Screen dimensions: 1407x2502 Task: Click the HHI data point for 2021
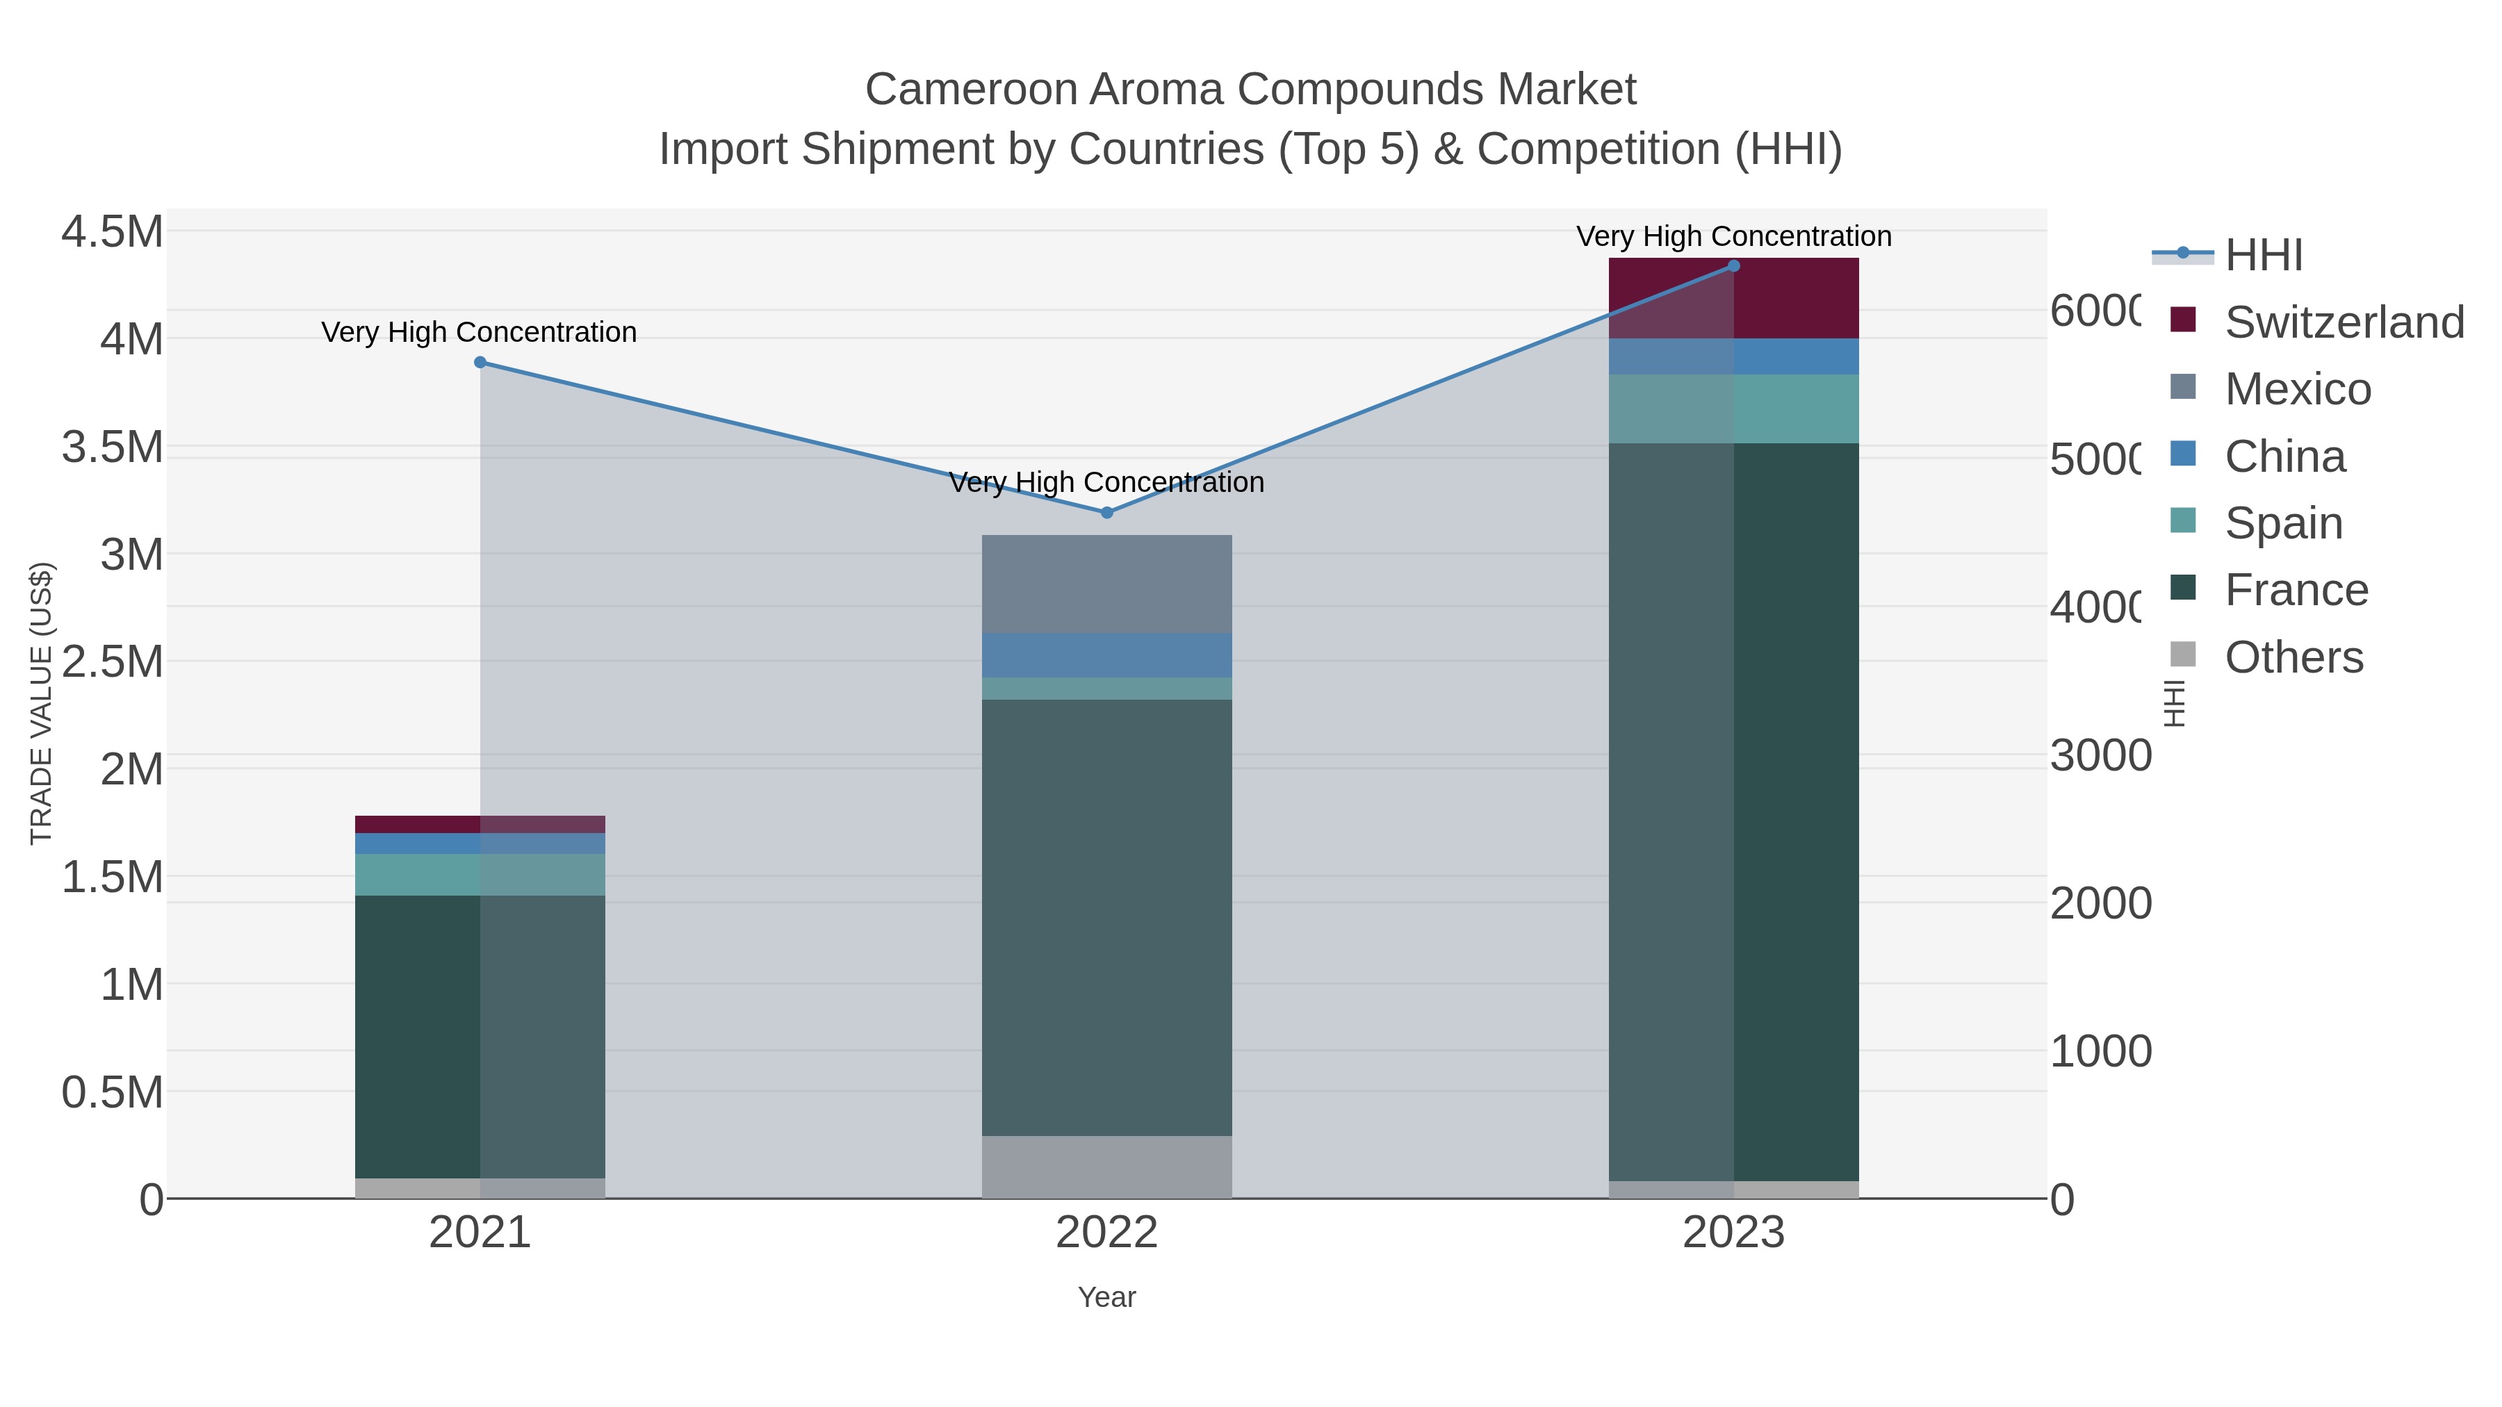coord(480,362)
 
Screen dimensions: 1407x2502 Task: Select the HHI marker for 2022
coord(1106,511)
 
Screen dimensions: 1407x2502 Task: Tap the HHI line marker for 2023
coord(1734,266)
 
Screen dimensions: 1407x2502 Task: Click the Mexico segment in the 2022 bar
coord(1106,584)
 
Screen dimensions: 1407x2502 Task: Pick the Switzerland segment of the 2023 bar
coord(1734,298)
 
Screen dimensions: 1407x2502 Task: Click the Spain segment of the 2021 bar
coord(480,874)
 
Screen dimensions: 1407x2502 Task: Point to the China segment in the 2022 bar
coord(1106,655)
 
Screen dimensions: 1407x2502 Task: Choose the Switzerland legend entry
coord(2344,322)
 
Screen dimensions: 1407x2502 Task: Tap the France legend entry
coord(2296,589)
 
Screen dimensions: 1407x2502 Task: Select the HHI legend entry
coord(2263,256)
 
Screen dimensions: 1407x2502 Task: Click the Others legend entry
coord(2293,657)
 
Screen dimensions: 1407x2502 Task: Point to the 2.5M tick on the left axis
coord(113,662)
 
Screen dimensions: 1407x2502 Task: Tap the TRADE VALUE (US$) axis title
coord(41,703)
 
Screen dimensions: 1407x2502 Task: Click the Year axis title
coord(1106,1297)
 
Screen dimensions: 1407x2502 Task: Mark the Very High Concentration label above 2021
coord(479,332)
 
